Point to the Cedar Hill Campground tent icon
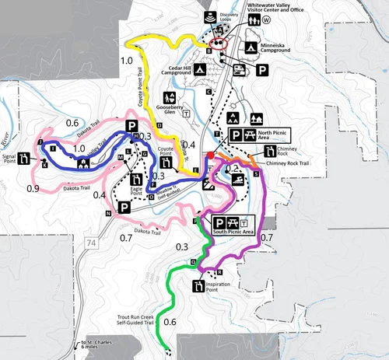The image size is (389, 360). tap(200, 71)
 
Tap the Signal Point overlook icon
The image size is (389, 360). tap(26, 159)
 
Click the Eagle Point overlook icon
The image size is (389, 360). tap(137, 173)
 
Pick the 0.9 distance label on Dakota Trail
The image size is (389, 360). tap(33, 188)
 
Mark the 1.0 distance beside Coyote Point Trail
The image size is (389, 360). tap(126, 60)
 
